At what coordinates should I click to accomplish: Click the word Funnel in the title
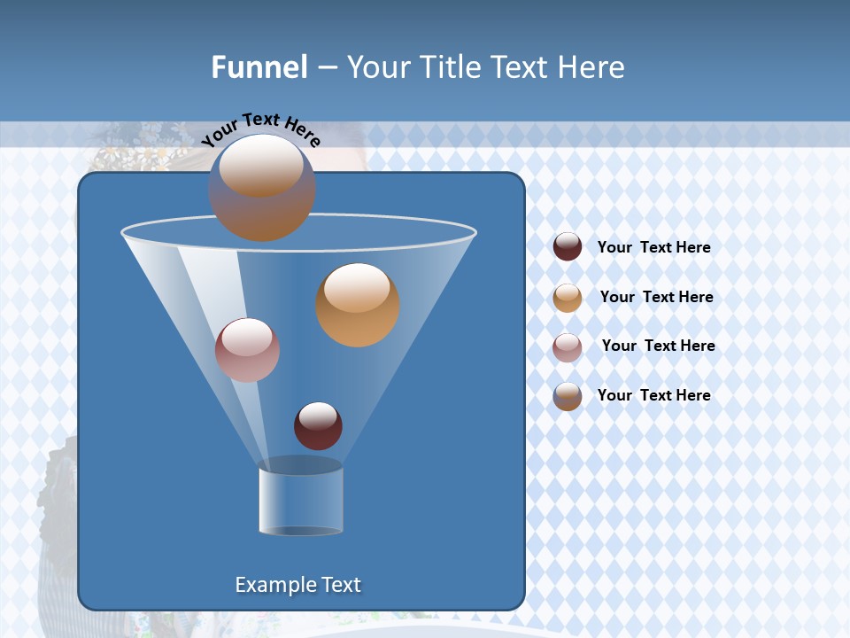tap(259, 67)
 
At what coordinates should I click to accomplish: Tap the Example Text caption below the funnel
tap(297, 585)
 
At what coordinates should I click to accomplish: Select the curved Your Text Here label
tap(260, 129)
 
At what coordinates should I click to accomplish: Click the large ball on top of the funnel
tap(261, 187)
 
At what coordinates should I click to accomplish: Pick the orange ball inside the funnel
tap(357, 304)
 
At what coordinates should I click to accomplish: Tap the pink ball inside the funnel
tap(247, 349)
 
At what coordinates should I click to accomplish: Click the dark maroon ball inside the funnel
tap(318, 425)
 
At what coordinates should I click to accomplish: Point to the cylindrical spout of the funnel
tap(300, 501)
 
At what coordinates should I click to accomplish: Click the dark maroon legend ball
tap(568, 246)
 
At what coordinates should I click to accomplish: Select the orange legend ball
tap(568, 297)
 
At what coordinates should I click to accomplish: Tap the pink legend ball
tap(568, 346)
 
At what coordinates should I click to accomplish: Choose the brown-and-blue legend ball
tap(568, 396)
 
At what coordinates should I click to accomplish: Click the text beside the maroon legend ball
tap(653, 247)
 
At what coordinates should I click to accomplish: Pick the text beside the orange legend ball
tap(656, 297)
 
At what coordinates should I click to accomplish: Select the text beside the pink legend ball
tap(658, 346)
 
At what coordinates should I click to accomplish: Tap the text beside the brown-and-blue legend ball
tap(653, 395)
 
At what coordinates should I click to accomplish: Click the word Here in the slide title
tap(590, 67)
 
